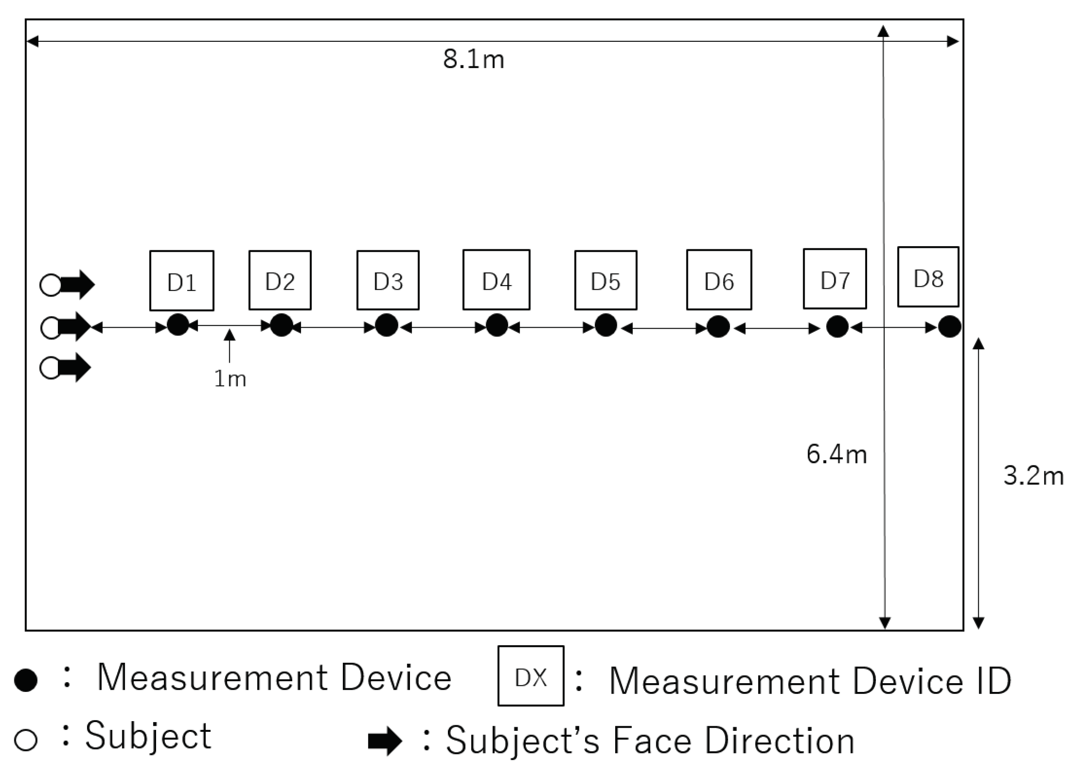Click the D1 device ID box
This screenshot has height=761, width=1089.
(x=182, y=281)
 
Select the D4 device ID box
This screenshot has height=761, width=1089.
(x=496, y=280)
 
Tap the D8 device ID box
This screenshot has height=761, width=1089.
(x=928, y=277)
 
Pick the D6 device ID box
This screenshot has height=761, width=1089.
(x=718, y=280)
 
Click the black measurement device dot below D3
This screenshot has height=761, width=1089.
(x=387, y=325)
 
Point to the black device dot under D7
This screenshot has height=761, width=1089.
(x=837, y=326)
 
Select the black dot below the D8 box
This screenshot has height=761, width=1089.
(x=950, y=326)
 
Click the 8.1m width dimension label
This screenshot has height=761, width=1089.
(x=473, y=60)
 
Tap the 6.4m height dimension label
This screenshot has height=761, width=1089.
(x=837, y=454)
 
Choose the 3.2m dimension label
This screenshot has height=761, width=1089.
(x=1033, y=476)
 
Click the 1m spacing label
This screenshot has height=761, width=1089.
(x=230, y=379)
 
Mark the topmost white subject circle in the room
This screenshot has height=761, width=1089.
(x=51, y=285)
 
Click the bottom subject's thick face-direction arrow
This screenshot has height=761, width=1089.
(x=75, y=368)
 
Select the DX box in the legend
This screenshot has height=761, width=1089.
(x=530, y=676)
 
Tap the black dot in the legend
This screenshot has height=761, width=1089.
(x=25, y=680)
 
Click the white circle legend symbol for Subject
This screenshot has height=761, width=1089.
(x=25, y=739)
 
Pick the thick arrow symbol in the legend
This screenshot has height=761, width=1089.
(x=384, y=741)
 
